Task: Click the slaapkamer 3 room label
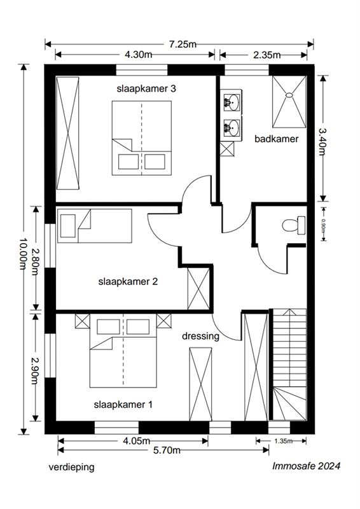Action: pos(146,88)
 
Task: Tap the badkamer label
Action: pos(276,139)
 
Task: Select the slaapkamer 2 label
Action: pos(128,281)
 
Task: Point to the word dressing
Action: pos(200,336)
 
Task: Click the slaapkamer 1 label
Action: pos(123,405)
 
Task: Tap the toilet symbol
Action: pos(294,225)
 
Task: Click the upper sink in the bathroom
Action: pos(232,101)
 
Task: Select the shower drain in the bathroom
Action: pos(289,95)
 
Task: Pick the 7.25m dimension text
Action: pos(183,44)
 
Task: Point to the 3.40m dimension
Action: pos(322,141)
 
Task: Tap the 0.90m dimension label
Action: pos(323,225)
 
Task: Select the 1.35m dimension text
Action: pos(284,441)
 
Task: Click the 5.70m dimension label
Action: pos(167,450)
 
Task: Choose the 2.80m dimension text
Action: pos(36,261)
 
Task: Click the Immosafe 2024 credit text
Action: pos(306,466)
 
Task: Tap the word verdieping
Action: pos(71,468)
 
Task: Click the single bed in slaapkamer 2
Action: pos(95,226)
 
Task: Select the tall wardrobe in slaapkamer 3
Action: pos(67,133)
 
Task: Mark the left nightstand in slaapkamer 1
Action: pos(83,321)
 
